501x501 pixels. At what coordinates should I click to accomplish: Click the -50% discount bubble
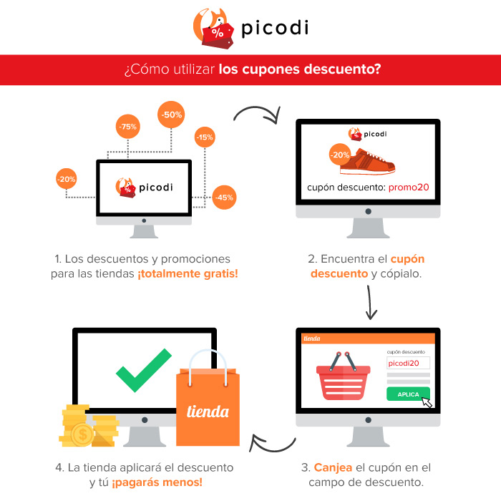[172, 115]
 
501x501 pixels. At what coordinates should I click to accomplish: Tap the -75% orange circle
[128, 127]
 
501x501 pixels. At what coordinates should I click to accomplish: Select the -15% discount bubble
[205, 137]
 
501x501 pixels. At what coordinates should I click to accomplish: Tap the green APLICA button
[408, 394]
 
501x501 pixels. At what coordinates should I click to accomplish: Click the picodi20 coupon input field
[408, 364]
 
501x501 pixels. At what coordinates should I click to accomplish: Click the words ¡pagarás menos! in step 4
[157, 482]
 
